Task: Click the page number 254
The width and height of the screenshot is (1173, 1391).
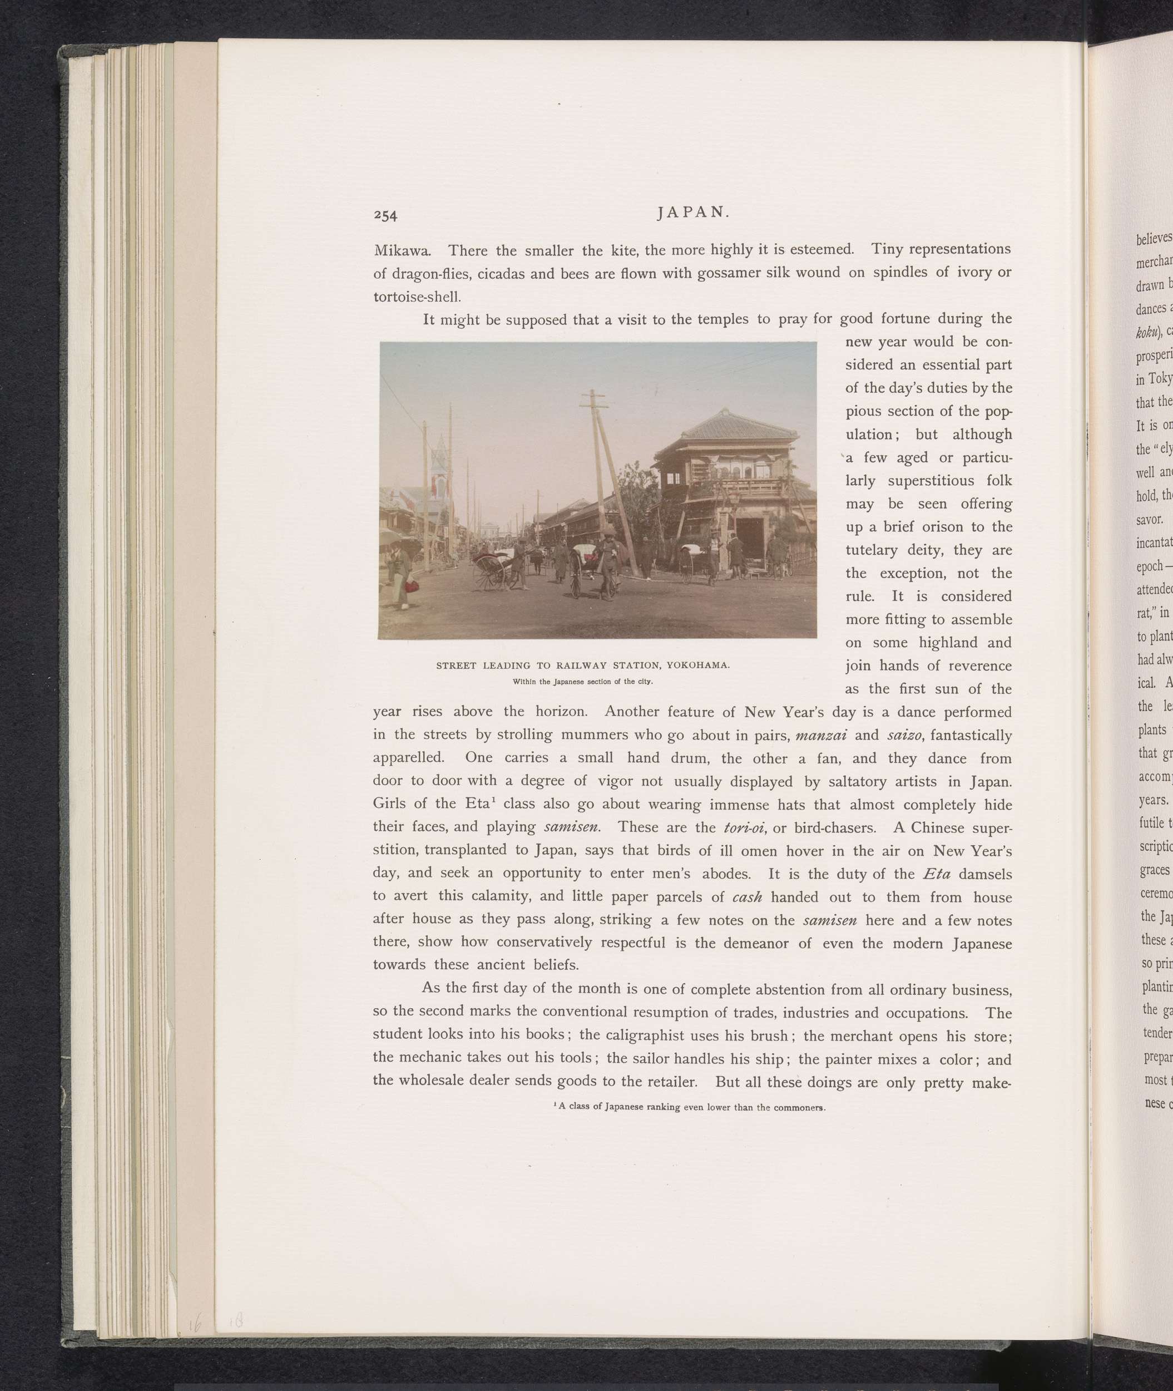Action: [x=385, y=215]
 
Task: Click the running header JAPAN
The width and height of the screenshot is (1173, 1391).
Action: [x=693, y=212]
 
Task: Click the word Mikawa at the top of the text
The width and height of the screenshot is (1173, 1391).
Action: [x=402, y=251]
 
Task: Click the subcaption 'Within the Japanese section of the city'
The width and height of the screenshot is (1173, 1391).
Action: [x=582, y=681]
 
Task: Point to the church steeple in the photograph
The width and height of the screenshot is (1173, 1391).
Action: [x=438, y=459]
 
